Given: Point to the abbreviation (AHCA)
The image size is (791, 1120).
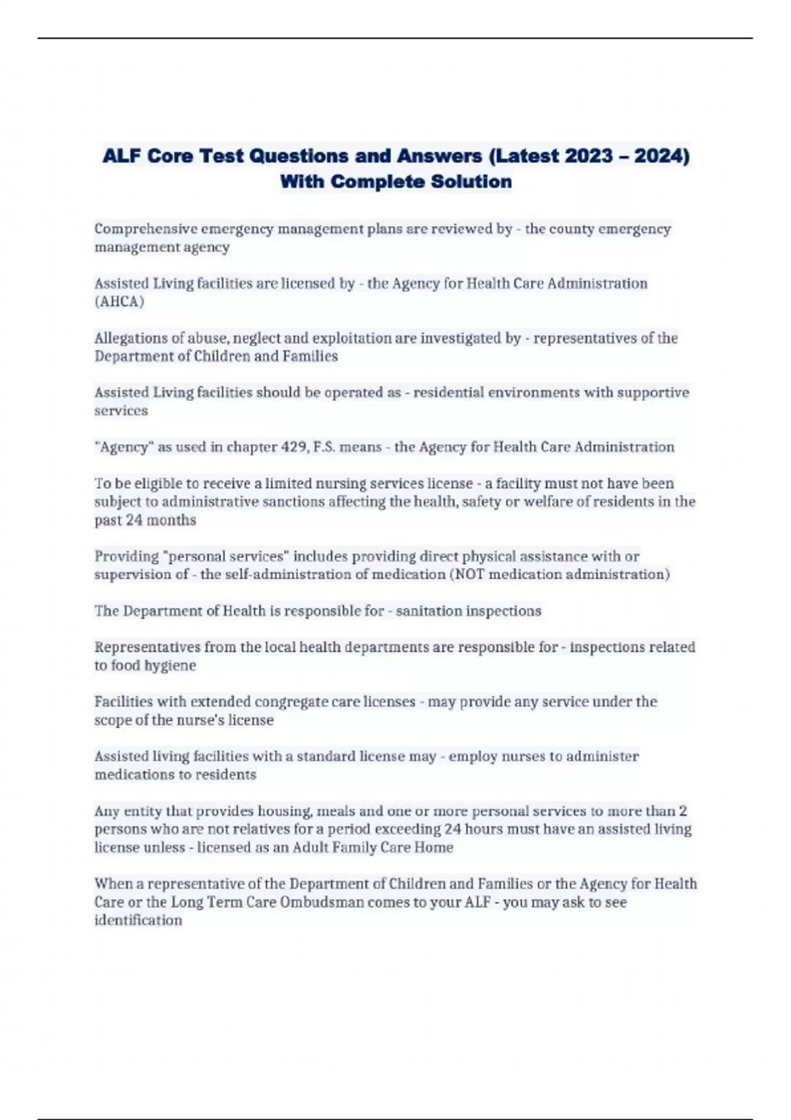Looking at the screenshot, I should click(119, 302).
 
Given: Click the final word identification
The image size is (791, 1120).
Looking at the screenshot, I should click(138, 920).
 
